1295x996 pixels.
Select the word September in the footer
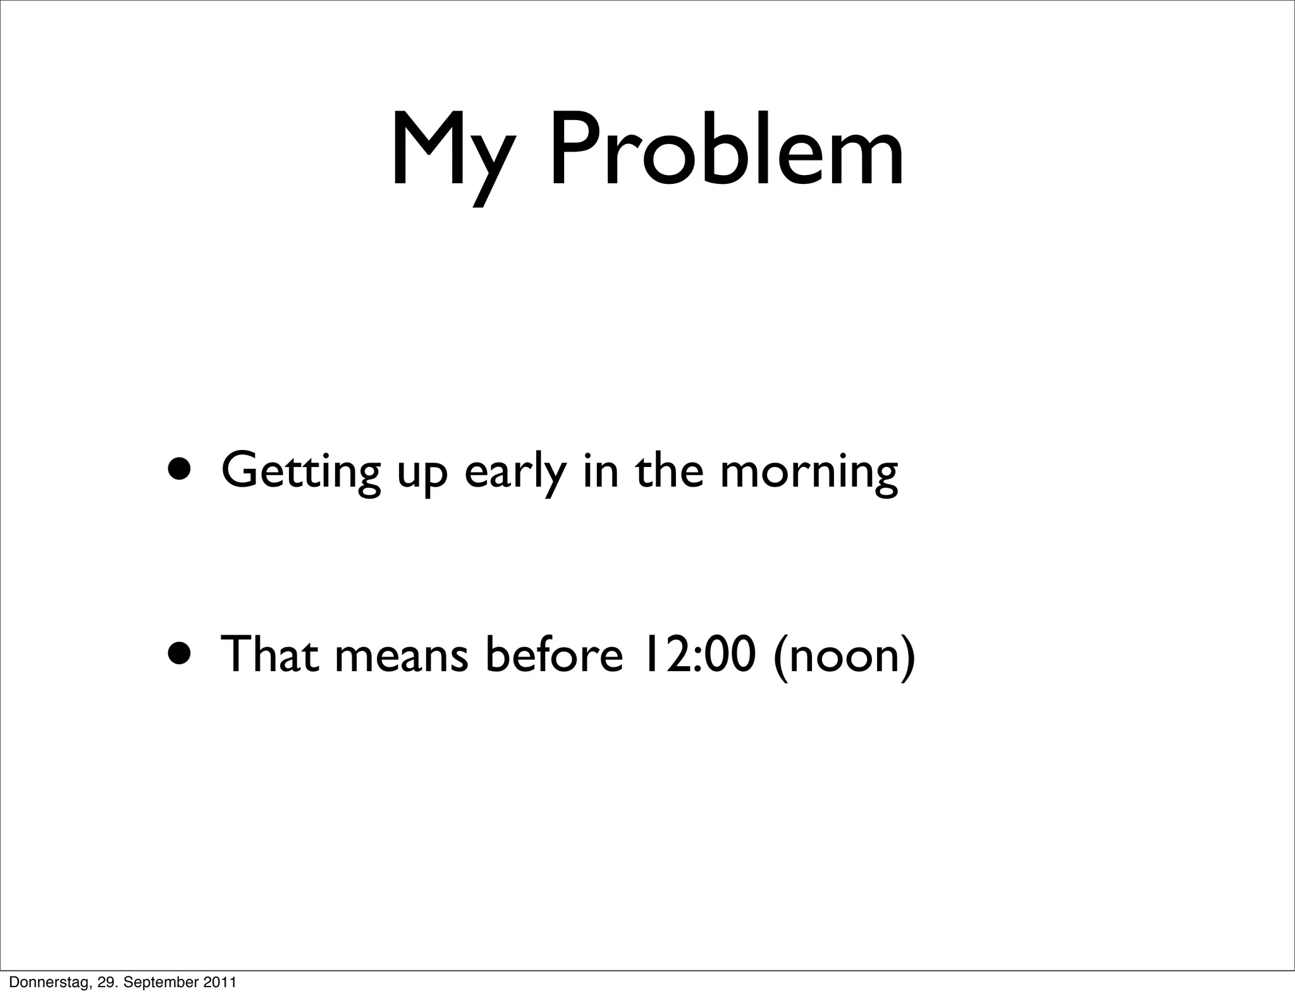[166, 983]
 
